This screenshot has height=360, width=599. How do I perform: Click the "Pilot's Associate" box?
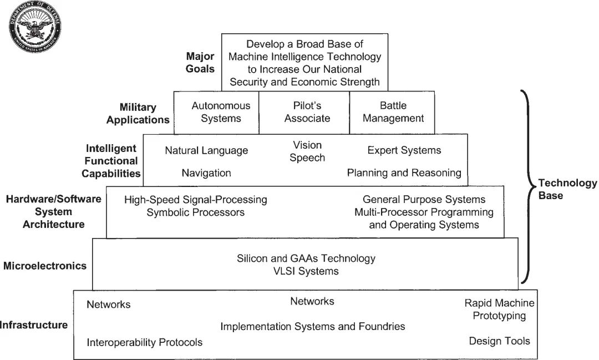(x=307, y=112)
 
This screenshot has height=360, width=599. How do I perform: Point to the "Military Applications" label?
(x=138, y=113)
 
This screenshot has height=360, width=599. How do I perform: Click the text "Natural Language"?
(x=206, y=151)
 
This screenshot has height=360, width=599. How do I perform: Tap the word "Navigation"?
(x=206, y=173)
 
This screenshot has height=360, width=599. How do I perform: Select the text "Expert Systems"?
(x=404, y=150)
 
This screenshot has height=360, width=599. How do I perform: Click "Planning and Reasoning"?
(x=404, y=173)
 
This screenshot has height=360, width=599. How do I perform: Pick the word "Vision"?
(x=307, y=145)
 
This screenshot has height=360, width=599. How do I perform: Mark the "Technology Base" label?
(x=567, y=189)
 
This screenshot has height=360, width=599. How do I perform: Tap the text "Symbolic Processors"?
(x=195, y=212)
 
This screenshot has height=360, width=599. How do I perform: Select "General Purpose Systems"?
(x=424, y=200)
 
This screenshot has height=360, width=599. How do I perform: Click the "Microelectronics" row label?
(x=45, y=266)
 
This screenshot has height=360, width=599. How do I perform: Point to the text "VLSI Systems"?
(x=306, y=271)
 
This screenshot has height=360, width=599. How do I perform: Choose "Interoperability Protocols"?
(x=144, y=342)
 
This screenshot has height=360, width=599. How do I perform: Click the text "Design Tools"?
(x=499, y=341)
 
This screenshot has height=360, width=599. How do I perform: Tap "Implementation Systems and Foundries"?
(x=313, y=326)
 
